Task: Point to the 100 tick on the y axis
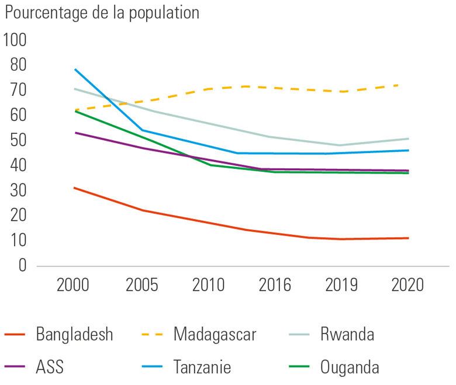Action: [x=15, y=40]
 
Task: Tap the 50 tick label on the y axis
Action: [x=19, y=141]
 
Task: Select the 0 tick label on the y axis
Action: [x=23, y=266]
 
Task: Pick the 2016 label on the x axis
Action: [x=275, y=286]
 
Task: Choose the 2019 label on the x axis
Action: [x=341, y=286]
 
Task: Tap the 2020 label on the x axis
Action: [x=408, y=286]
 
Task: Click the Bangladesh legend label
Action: [x=74, y=335]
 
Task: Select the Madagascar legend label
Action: [x=215, y=335]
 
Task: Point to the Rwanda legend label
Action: [x=347, y=335]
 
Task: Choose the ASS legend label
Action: [x=50, y=367]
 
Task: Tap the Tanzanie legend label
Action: [x=202, y=367]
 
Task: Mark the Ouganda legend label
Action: [x=350, y=367]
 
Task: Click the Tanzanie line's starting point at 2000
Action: [x=75, y=69]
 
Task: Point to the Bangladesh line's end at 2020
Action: [x=408, y=238]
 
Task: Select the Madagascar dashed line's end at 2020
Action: [x=398, y=85]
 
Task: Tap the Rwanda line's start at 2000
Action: [x=75, y=89]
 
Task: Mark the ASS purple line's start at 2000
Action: [x=75, y=133]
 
